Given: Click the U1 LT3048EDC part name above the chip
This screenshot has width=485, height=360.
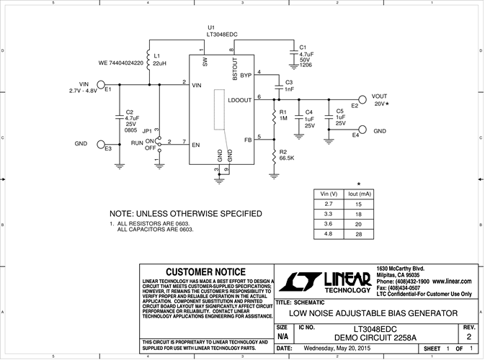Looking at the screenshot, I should tap(223, 34).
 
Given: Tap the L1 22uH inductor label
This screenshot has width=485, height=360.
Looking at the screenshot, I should tap(159, 60).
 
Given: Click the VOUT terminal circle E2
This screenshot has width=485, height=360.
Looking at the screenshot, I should tap(362, 101).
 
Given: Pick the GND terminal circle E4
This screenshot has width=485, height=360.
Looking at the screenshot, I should tap(362, 130).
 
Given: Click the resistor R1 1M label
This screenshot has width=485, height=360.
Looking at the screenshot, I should tap(284, 114).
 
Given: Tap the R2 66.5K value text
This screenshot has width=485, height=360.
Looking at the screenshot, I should tap(287, 157).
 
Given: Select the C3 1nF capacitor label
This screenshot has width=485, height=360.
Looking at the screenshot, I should tap(289, 85).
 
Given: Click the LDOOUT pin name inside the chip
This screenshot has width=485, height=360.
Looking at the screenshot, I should tap(240, 100).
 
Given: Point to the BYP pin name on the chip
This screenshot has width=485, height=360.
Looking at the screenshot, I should tap(246, 74).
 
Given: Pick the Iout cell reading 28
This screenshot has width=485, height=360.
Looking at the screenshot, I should tap(357, 233).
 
